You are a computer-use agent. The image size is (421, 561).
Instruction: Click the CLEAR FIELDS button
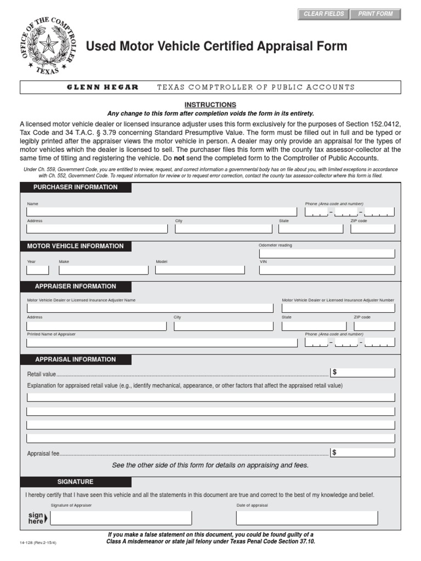pyautogui.click(x=324, y=14)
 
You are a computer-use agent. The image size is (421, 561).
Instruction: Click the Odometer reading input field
pyautogui.click(x=327, y=253)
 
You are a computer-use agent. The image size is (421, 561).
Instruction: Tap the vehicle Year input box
pyautogui.click(x=37, y=270)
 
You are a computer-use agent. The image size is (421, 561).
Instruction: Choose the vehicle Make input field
pyautogui.click(x=103, y=270)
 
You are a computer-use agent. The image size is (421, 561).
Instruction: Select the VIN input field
pyautogui.click(x=327, y=270)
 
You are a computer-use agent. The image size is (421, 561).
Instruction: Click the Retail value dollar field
pyautogui.click(x=362, y=373)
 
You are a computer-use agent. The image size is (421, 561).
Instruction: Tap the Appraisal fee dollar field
pyautogui.click(x=362, y=453)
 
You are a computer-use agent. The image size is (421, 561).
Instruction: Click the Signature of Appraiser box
pyautogui.click(x=121, y=518)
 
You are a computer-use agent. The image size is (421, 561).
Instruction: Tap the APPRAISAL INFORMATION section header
pyautogui.click(x=76, y=359)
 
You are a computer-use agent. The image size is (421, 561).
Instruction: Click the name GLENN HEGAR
pyautogui.click(x=103, y=87)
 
